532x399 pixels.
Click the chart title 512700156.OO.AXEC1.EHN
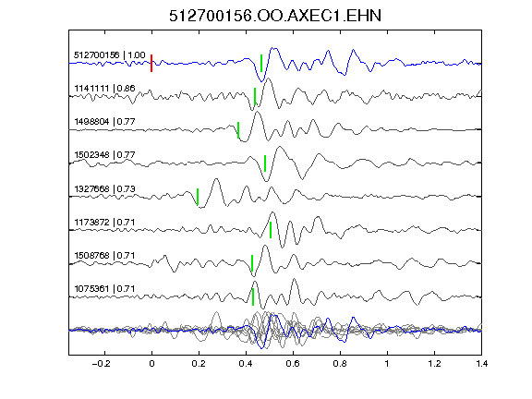(275, 16)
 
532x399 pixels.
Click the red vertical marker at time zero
(151, 63)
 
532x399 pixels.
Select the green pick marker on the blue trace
(261, 63)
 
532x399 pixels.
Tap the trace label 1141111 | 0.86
(104, 89)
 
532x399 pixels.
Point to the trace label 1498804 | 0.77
(104, 122)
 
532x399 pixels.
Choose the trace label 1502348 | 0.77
(104, 155)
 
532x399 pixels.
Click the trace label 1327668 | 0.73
(104, 188)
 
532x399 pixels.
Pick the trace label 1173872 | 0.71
(104, 223)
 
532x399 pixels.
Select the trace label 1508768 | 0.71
(104, 256)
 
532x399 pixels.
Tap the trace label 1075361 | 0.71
(104, 289)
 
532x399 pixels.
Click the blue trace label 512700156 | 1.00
(110, 55)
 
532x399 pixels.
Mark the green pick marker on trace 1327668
(198, 197)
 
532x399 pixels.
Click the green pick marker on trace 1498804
(238, 130)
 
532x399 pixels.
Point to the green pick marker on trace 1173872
(271, 230)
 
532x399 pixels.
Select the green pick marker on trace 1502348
(265, 163)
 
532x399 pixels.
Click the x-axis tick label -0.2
(101, 364)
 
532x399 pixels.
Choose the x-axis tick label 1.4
(481, 364)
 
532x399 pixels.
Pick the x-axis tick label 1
(388, 364)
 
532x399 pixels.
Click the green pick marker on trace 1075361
(253, 296)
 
